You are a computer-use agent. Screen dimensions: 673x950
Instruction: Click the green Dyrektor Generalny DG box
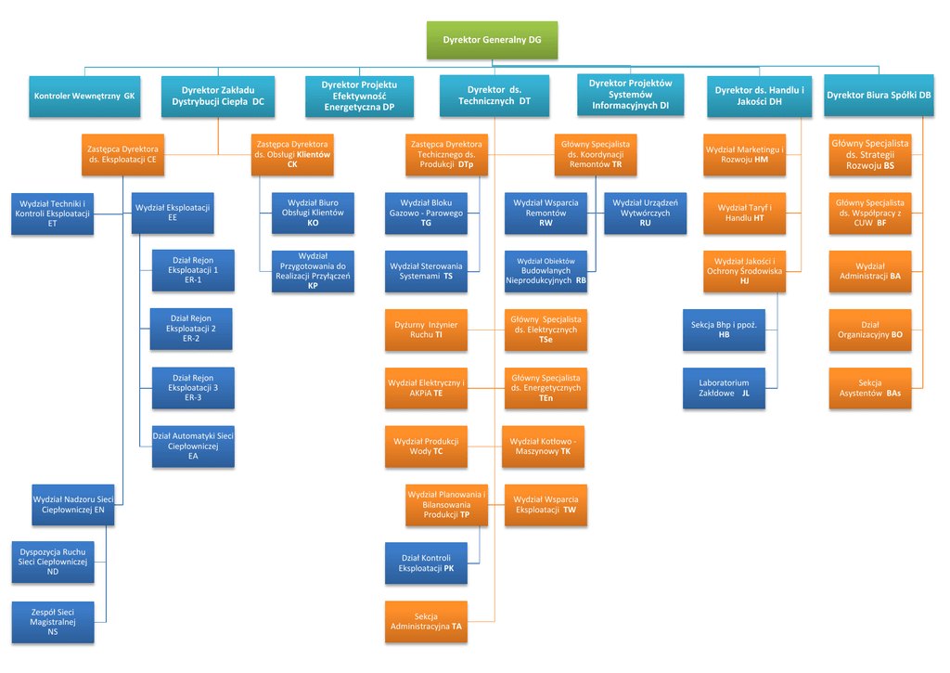tap(492, 40)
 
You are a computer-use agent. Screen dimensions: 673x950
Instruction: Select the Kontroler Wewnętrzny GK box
tap(84, 96)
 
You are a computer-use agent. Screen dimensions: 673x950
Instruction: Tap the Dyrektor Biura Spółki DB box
tap(879, 96)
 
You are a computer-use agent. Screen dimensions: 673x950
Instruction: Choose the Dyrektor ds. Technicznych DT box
tap(494, 96)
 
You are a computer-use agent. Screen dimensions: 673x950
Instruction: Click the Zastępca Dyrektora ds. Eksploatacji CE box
tap(122, 154)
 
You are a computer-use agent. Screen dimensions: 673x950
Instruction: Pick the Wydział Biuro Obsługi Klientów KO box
tap(313, 213)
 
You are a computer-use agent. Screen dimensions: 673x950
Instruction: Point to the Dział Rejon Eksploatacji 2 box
tap(191, 329)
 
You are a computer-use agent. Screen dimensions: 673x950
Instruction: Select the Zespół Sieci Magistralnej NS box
tap(53, 621)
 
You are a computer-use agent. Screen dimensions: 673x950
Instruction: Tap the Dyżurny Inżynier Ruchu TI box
tap(426, 330)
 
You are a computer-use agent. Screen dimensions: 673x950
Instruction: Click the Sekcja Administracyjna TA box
tap(426, 622)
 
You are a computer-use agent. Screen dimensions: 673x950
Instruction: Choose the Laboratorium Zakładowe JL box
tap(724, 388)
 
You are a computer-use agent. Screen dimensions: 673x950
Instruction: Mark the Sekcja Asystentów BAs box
tap(869, 388)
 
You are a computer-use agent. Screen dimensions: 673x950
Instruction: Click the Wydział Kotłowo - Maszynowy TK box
tap(544, 447)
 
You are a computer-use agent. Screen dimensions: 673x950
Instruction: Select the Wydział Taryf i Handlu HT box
tap(744, 213)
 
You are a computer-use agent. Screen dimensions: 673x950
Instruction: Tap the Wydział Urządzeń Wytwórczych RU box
tap(645, 213)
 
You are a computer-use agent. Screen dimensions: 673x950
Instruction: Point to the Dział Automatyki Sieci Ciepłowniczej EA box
tap(193, 446)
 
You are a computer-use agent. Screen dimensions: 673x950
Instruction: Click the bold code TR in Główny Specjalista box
tap(617, 164)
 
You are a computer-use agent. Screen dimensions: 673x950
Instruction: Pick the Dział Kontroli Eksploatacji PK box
tap(426, 563)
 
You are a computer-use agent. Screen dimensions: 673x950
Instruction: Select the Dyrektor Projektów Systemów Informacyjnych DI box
tap(630, 95)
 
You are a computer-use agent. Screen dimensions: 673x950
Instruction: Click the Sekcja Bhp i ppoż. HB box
tap(724, 330)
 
